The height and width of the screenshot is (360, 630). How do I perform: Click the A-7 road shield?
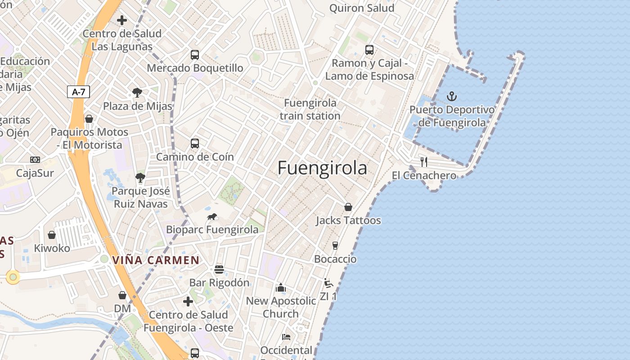79,92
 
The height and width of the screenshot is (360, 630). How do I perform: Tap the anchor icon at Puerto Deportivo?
451,96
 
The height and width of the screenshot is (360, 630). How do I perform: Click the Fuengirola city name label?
322,168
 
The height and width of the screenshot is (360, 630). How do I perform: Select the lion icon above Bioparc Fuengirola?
212,217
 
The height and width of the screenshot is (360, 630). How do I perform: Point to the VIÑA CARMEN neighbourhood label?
156,260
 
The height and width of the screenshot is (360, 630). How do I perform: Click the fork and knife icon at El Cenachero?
423,162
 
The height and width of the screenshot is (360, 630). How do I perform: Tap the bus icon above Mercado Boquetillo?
195,55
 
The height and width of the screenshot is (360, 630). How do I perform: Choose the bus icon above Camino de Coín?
195,144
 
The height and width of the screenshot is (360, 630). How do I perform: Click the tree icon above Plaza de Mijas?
137,93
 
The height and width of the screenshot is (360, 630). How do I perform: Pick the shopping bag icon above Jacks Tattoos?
348,207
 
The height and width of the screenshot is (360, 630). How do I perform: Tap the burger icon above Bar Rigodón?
219,270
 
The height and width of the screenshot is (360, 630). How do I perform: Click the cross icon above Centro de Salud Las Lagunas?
122,20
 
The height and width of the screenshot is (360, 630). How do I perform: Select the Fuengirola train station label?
310,109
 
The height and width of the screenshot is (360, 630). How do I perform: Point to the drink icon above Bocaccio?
335,246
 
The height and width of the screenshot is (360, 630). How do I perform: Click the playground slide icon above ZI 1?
328,283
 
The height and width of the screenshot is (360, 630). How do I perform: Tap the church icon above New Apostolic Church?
281,288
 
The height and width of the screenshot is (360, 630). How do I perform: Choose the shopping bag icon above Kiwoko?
52,235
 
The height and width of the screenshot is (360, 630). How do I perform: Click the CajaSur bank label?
35,173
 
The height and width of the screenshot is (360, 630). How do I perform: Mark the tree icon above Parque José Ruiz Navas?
140,178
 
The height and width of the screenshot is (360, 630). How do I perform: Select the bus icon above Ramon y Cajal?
369,50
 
